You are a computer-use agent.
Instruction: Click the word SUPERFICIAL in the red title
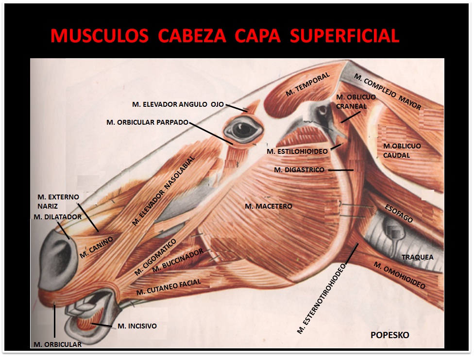(345, 35)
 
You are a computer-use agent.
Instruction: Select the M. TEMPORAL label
(307, 84)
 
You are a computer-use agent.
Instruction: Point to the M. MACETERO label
(269, 206)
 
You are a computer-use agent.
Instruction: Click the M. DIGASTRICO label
(299, 170)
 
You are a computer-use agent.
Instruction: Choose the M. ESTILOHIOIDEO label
(297, 151)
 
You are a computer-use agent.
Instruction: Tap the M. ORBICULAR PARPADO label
(148, 122)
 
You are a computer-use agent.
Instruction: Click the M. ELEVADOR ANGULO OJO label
(178, 104)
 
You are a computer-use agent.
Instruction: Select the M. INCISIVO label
(137, 326)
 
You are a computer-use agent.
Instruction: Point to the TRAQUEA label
(418, 257)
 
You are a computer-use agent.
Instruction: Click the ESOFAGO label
(399, 213)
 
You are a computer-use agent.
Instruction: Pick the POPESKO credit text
(390, 335)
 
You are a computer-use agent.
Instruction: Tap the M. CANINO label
(96, 247)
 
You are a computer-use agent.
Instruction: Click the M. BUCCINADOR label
(178, 261)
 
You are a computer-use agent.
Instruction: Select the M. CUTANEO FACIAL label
(169, 287)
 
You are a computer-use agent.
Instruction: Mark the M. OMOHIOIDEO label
(400, 275)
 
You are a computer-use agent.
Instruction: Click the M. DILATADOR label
(58, 217)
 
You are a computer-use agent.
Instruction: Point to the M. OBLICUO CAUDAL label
(402, 151)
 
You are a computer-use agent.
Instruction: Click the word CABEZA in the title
(192, 35)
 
